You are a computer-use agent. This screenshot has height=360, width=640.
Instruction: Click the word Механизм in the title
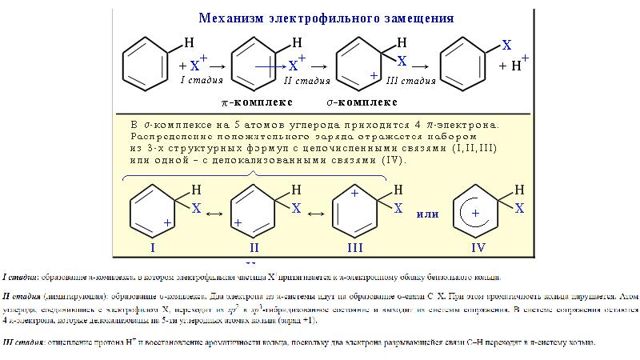[234, 17]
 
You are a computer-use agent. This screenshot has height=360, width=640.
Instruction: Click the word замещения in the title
[414, 17]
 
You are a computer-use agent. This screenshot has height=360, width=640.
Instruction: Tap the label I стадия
[202, 80]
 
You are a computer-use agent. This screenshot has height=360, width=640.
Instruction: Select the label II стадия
[307, 80]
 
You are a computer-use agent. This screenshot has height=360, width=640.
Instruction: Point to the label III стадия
[410, 80]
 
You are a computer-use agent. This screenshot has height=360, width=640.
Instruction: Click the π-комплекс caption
[257, 102]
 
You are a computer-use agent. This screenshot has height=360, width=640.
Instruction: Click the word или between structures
[429, 214]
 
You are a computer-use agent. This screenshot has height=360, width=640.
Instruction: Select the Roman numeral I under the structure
[152, 249]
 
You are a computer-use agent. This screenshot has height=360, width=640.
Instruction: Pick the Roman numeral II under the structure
[254, 249]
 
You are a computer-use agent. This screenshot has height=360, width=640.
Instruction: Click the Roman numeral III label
[356, 249]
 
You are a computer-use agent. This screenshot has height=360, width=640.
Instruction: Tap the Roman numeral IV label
[478, 249]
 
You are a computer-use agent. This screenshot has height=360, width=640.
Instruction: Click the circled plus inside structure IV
[475, 214]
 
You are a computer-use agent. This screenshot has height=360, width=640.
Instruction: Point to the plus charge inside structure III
[355, 194]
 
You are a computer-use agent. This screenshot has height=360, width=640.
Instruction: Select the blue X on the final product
[506, 45]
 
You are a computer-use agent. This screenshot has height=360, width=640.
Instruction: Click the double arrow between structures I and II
[214, 214]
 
